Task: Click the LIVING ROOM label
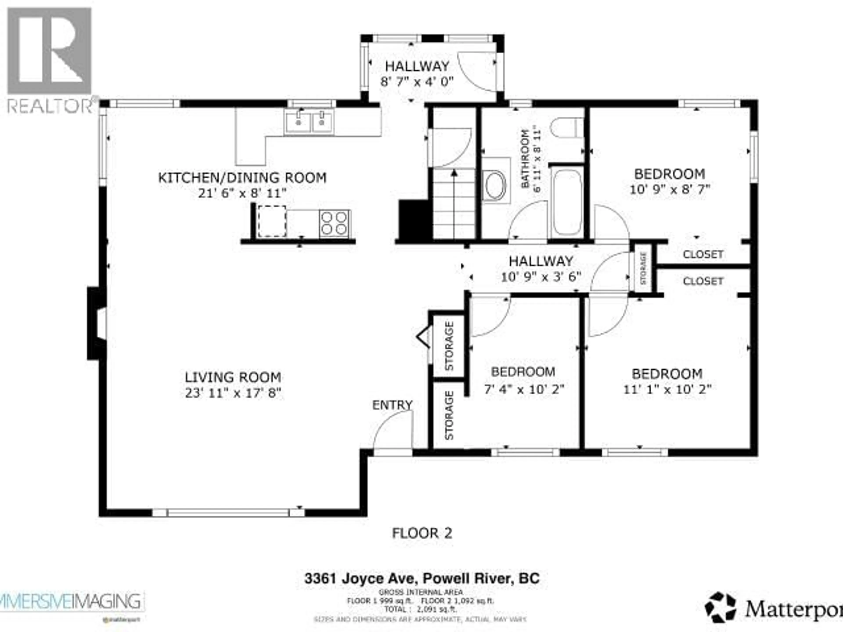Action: point(233,377)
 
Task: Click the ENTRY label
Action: point(392,405)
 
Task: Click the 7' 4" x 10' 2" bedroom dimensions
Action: point(523,389)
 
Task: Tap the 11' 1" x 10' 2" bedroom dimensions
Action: point(667,389)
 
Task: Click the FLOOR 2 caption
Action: point(422,533)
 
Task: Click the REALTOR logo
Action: point(50,61)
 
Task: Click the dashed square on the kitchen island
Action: point(272,221)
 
